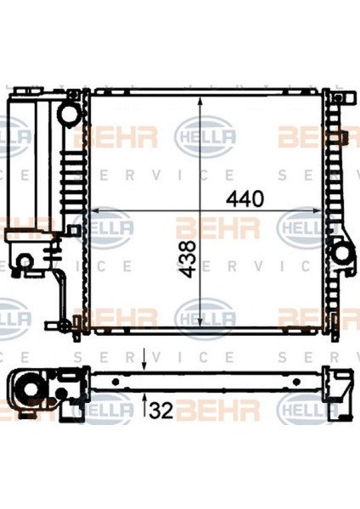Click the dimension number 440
click(x=245, y=199)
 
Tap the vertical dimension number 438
click(x=188, y=259)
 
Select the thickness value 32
click(x=161, y=411)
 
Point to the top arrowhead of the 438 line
click(x=200, y=103)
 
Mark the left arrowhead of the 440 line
click(x=97, y=210)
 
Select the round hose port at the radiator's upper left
click(x=69, y=113)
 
